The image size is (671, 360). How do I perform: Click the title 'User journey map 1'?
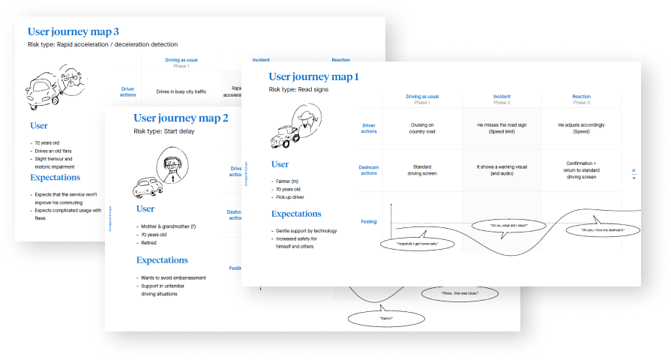(313, 76)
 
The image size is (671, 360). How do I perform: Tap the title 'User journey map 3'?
(73, 31)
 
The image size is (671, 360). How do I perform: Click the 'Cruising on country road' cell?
(422, 128)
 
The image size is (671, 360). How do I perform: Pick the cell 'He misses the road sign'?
(502, 128)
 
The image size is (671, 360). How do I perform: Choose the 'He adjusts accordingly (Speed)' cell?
(581, 128)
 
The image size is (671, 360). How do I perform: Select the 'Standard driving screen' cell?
(422, 169)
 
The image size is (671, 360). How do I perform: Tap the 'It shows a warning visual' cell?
(502, 169)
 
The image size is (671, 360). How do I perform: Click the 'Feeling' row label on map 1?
(368, 222)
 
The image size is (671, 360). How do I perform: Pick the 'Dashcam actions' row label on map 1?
(368, 169)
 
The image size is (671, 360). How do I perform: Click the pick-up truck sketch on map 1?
(284, 135)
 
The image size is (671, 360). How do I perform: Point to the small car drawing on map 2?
(149, 186)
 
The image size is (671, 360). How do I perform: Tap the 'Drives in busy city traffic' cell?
(181, 91)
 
